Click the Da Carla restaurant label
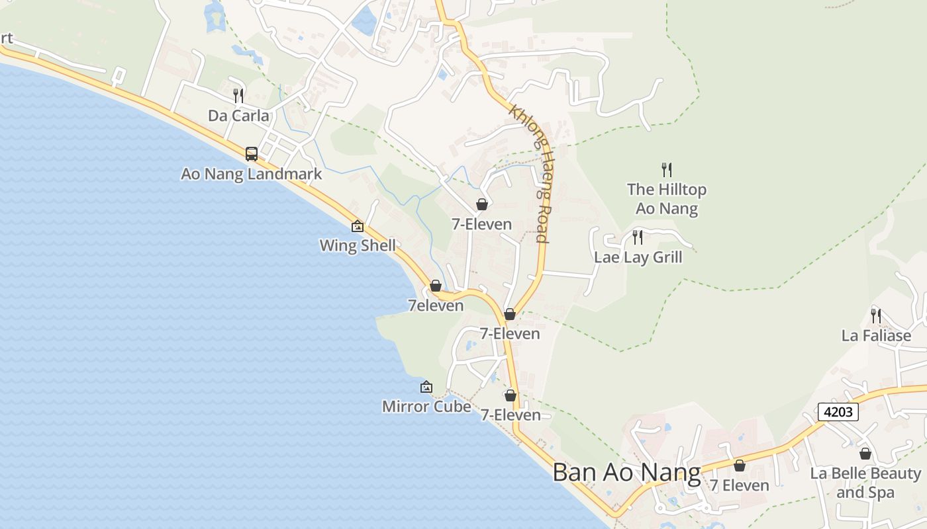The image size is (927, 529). [x=238, y=116]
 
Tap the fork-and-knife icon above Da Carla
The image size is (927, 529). [x=238, y=96]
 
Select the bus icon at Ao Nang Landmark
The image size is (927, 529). [x=252, y=154]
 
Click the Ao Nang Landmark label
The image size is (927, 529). [x=251, y=174]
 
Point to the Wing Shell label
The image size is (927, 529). [x=358, y=245]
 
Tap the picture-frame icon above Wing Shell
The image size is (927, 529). [x=358, y=226]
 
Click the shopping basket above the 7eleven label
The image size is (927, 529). [x=436, y=286]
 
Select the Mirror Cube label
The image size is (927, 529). [x=426, y=406]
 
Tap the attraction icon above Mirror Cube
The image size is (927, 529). [x=426, y=387]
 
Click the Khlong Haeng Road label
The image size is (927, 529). [x=530, y=174]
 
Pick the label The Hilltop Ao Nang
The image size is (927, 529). [x=667, y=199]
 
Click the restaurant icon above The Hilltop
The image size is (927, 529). [x=667, y=170]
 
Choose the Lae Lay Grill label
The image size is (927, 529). [x=638, y=257]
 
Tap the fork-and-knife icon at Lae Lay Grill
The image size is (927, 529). [x=638, y=237]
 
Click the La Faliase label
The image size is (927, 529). [x=876, y=335]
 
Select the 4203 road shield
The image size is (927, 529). [x=838, y=412]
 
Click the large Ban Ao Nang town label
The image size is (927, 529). [x=626, y=473]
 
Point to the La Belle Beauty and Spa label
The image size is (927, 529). [x=865, y=483]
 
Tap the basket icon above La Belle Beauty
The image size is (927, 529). [x=865, y=454]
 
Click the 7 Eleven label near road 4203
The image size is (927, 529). [x=740, y=485]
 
